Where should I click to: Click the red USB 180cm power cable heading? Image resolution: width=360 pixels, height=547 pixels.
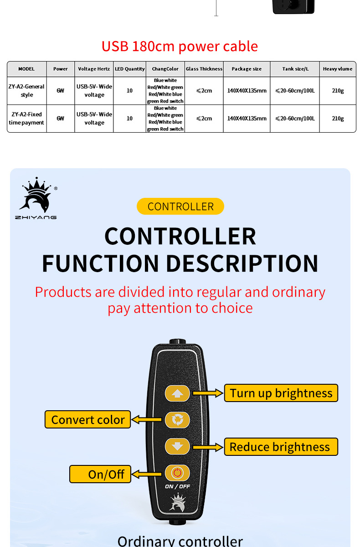coord(180,46)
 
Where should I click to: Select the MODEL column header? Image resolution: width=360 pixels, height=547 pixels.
coord(26,69)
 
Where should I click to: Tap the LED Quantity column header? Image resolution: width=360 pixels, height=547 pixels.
coord(129,69)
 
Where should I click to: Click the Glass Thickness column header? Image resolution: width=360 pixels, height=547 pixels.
coord(204,69)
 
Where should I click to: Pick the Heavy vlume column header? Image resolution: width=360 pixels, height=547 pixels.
coord(338,69)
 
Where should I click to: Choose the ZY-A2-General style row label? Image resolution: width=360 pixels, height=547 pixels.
coord(26,91)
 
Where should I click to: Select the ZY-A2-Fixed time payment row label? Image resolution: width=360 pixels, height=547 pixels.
coord(26,119)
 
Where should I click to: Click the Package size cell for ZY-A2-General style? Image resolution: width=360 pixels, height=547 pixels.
coord(247,91)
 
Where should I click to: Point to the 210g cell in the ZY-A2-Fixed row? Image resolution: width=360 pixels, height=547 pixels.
coord(338,119)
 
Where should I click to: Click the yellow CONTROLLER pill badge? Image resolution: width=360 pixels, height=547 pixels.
coord(180,206)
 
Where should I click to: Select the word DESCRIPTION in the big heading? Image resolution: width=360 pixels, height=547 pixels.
coord(242,263)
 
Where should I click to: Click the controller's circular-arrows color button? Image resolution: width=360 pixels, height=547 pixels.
coord(177,419)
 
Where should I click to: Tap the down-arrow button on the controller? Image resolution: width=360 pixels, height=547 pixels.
coord(177,446)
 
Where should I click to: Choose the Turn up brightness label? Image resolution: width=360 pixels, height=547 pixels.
coord(281,393)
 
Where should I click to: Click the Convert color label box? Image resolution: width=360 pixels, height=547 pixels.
coord(87,419)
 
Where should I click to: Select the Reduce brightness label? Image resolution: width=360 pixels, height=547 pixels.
coord(281,447)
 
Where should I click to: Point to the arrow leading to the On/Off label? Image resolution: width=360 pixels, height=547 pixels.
coord(147,474)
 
